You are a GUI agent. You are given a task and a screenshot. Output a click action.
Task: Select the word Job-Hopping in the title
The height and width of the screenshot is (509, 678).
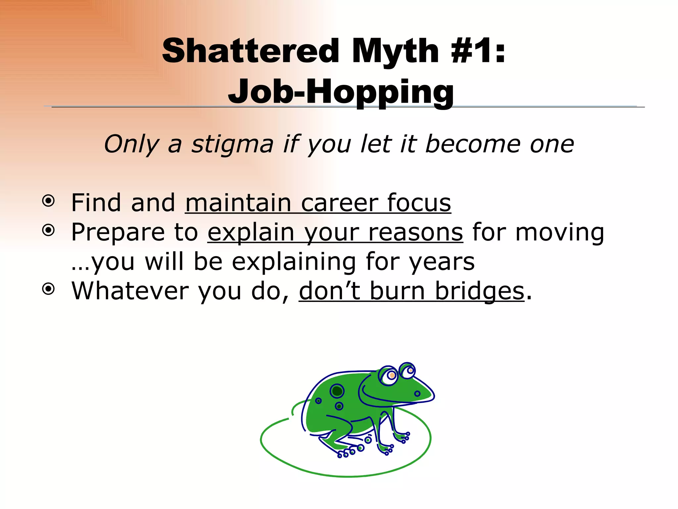341,92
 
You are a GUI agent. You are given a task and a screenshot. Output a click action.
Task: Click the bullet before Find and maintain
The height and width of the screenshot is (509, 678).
49,201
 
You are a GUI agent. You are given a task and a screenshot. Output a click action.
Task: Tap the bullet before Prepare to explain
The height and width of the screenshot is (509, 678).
49,230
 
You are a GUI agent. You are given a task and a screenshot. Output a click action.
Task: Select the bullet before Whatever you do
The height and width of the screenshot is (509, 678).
49,289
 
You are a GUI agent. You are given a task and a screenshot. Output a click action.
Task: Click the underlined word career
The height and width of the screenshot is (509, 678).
339,203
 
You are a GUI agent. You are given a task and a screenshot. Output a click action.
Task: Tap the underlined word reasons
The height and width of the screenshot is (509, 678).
415,233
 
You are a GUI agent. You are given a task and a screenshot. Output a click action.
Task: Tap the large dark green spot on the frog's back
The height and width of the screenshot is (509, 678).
337,391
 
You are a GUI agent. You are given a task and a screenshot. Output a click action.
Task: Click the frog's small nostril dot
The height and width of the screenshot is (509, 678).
417,394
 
